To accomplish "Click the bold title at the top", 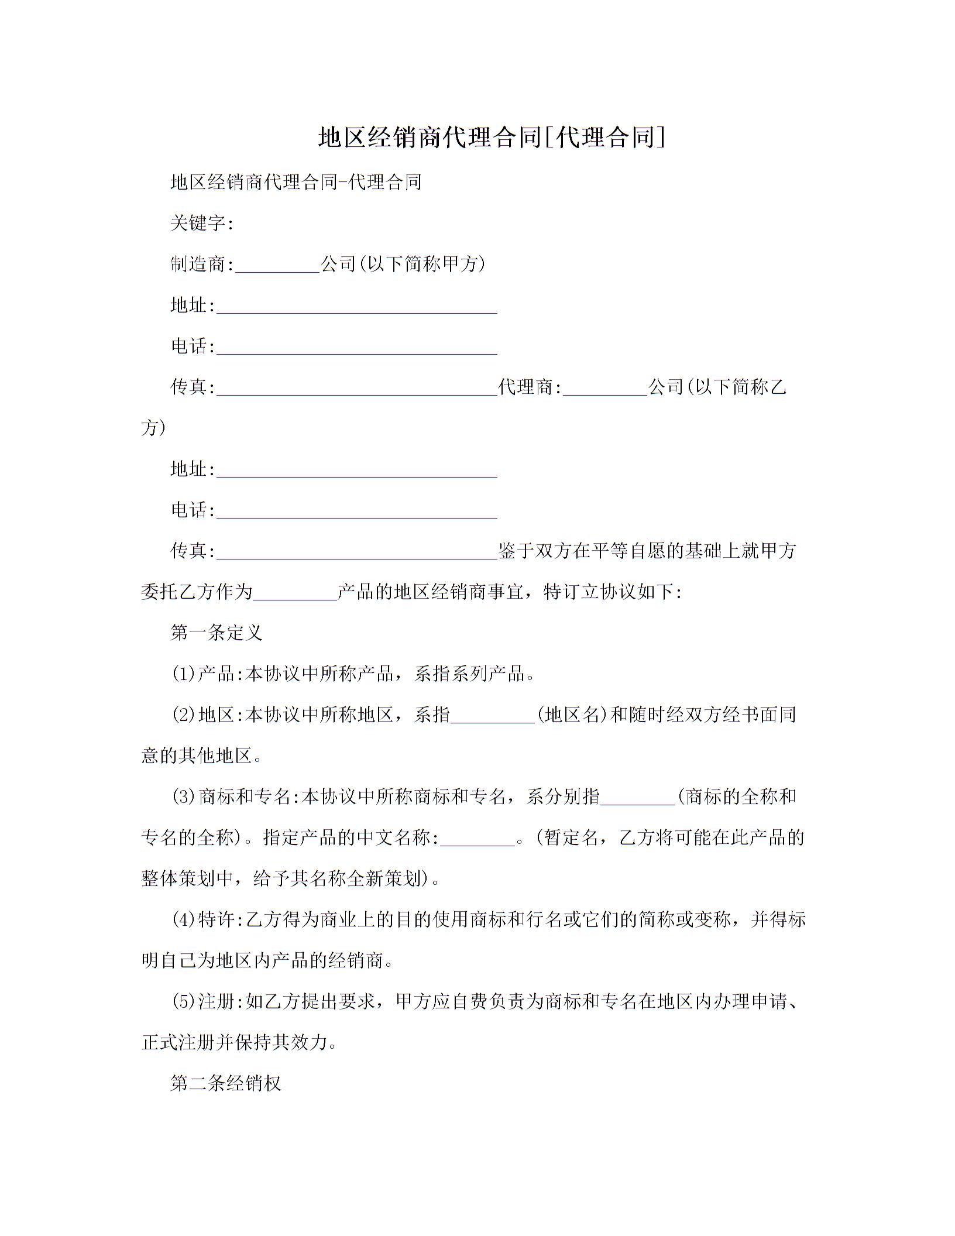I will (x=492, y=138).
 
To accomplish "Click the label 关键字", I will (x=200, y=223).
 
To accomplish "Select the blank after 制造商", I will (x=277, y=265).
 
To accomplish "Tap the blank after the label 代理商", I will (x=604, y=388).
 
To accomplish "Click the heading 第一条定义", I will (x=217, y=633).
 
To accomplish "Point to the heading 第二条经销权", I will (x=226, y=1083).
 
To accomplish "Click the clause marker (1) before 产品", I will (x=183, y=674).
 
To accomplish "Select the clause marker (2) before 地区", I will (x=183, y=715).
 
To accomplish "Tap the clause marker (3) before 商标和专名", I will (x=183, y=796).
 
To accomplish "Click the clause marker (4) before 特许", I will (x=183, y=919).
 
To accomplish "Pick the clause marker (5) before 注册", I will (x=183, y=1001).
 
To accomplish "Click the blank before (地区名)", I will (x=493, y=716).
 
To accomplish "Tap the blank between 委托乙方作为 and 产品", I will (x=295, y=593).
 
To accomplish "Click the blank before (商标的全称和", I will (x=638, y=798).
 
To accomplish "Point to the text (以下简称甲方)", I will (x=421, y=264).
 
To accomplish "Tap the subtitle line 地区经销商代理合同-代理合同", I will (x=296, y=182).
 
